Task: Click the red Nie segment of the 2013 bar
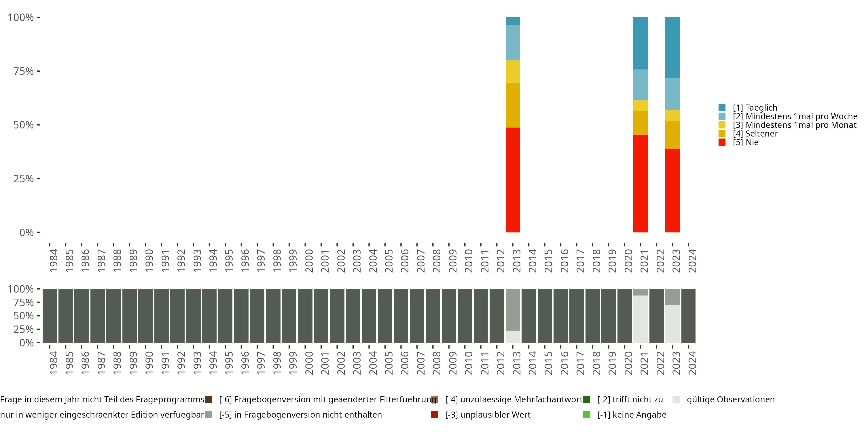point(513,180)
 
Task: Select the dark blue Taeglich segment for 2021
point(640,43)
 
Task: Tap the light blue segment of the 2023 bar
point(672,94)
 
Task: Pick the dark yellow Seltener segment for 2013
point(513,105)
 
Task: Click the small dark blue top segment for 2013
point(513,21)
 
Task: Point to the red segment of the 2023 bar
point(672,190)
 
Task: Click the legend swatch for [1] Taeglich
point(722,108)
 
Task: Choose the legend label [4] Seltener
point(755,134)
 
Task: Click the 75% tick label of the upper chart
point(24,71)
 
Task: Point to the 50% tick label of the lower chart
point(24,316)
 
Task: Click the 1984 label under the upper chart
point(53,261)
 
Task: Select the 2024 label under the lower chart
point(692,363)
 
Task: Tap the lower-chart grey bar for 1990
point(145,316)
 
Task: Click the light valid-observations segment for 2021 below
point(640,319)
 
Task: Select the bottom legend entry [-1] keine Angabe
point(632,414)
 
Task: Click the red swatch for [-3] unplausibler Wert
point(434,414)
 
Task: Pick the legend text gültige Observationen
point(730,399)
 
